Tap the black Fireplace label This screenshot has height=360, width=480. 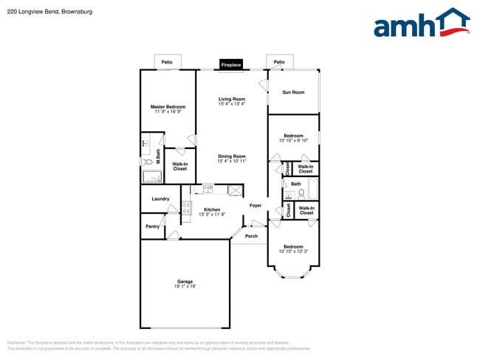coord(231,65)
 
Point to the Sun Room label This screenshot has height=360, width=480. coord(293,92)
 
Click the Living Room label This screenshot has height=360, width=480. coord(231,99)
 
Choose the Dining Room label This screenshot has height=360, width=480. coord(231,156)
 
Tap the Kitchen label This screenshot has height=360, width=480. coord(211,210)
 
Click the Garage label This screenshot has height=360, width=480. coord(185,281)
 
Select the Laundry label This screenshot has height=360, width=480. coord(160,198)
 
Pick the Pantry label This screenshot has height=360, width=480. coord(152,226)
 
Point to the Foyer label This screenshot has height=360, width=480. coord(256,205)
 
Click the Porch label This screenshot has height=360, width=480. coord(251,236)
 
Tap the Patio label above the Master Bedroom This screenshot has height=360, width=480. coord(167,62)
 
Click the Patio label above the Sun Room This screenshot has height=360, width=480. coord(278,62)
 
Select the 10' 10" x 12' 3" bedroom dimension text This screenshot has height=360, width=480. coord(293,252)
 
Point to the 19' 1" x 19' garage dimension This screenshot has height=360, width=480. coord(185,286)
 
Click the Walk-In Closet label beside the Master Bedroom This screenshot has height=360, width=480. coord(179,167)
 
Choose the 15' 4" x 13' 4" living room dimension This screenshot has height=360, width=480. coord(231,104)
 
